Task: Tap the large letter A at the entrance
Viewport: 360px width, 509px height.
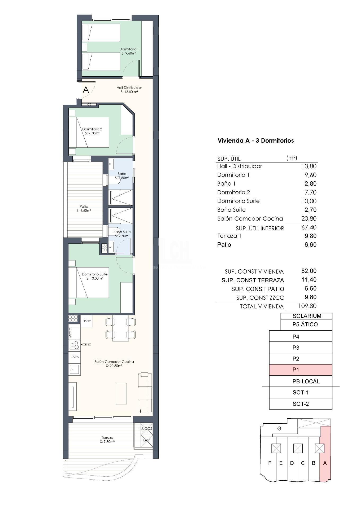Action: [x=86, y=90]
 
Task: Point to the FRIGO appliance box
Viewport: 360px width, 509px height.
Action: [x=87, y=321]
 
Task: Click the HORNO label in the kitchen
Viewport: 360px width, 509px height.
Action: [x=86, y=344]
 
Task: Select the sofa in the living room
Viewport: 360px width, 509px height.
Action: [x=145, y=393]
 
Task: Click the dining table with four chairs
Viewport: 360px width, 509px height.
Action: [x=121, y=328]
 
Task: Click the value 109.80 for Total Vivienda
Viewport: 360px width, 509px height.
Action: [x=307, y=306]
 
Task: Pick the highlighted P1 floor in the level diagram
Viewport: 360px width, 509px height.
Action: [x=301, y=370]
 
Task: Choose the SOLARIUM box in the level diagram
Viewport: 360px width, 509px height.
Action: [x=307, y=316]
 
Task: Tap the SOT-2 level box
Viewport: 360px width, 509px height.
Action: [x=301, y=404]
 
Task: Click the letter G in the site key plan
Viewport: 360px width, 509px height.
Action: [x=279, y=429]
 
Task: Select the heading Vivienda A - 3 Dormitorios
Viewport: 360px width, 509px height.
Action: [x=255, y=141]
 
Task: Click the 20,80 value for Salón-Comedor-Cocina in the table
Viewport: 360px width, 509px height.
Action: [x=309, y=219]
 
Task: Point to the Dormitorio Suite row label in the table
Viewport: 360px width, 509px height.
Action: [x=238, y=201]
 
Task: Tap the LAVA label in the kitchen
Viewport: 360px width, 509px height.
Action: [x=75, y=357]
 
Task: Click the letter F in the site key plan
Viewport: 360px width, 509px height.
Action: [x=270, y=463]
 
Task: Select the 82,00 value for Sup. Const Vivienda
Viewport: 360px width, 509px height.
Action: [x=309, y=271]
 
